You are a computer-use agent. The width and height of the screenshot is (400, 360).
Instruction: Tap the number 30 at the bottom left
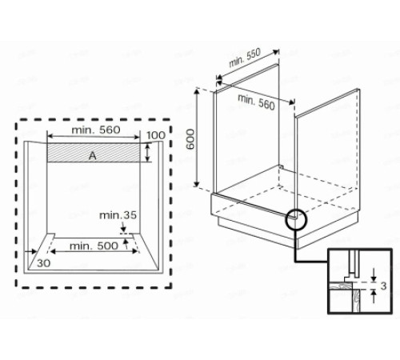coord(44,262)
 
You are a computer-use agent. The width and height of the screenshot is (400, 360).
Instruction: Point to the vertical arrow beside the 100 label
coord(148,153)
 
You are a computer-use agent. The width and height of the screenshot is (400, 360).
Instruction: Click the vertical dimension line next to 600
coord(200,140)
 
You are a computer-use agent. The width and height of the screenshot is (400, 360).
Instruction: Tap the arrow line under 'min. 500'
coord(94,253)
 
